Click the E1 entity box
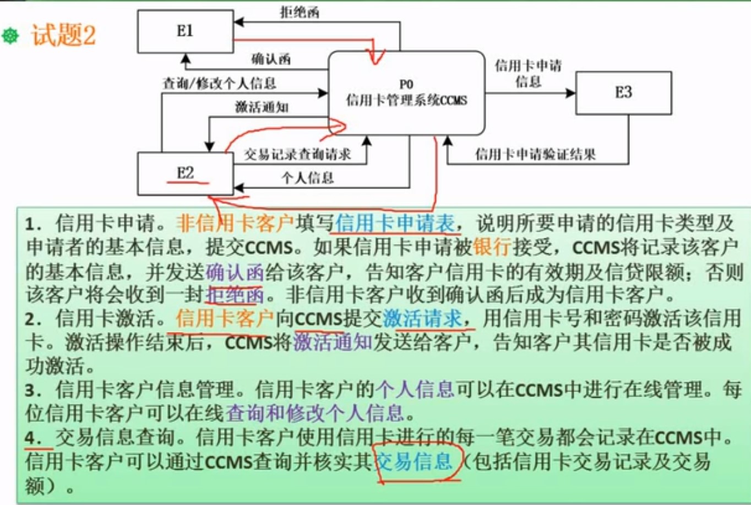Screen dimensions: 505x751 185,31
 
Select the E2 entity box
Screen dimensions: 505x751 185,173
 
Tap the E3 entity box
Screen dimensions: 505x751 623,93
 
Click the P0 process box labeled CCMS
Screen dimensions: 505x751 406,93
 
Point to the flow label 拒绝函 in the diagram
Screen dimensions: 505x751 300,12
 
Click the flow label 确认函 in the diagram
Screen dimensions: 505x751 271,59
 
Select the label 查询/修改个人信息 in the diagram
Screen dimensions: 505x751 219,84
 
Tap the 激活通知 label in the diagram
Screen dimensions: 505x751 262,107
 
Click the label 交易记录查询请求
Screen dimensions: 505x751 297,154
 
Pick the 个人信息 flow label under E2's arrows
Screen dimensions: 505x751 308,178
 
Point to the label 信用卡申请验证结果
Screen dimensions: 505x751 535,154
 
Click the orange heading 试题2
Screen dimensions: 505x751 64,35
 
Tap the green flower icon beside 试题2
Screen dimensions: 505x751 11,36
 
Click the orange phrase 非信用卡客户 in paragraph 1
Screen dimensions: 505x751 235,223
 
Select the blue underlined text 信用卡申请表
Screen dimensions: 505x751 395,223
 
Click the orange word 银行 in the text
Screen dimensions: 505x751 492,247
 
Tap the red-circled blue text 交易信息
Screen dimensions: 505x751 413,461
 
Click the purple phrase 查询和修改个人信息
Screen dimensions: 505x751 314,413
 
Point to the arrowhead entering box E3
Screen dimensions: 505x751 571,93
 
